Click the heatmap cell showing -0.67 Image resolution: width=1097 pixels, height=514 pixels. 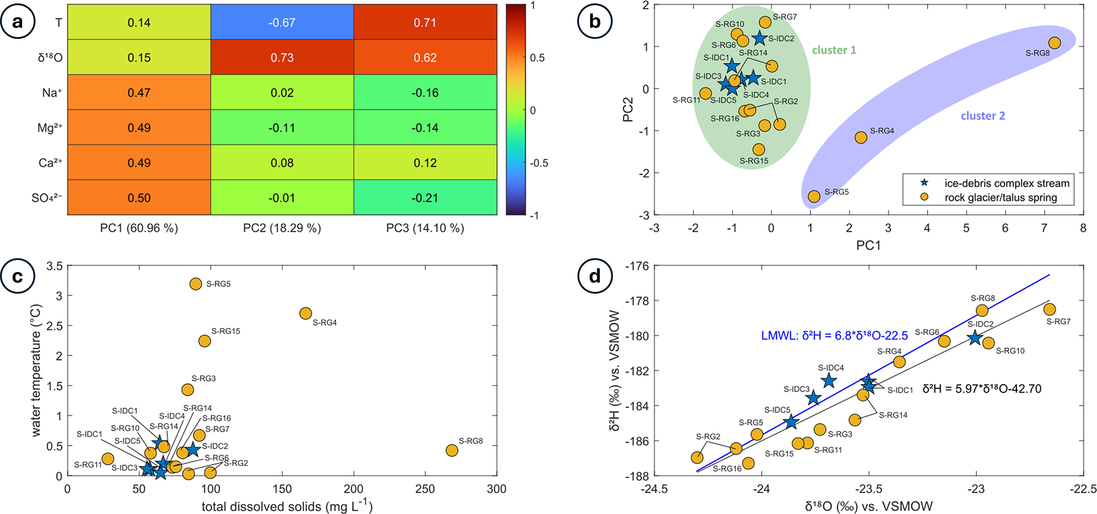pos(282,22)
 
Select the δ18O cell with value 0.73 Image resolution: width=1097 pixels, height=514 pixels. pos(282,57)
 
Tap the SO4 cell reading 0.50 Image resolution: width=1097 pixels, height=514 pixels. pos(139,198)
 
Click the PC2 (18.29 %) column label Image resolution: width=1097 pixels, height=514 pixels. pos(282,228)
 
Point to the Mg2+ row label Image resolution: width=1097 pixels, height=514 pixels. pos(50,128)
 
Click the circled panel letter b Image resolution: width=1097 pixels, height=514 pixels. pos(595,22)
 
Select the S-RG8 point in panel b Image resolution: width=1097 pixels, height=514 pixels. pos(1055,43)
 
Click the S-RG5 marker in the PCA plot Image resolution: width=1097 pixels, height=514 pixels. pos(814,197)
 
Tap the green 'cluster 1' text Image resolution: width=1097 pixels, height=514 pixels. pos(834,50)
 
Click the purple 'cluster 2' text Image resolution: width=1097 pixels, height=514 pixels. pos(983,116)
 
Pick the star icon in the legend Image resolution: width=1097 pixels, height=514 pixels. pos(924,183)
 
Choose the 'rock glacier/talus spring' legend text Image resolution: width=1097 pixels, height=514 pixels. pos(1000,198)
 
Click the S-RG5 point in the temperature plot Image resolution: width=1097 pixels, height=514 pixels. pos(196,284)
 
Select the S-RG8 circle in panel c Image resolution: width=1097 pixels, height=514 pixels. pos(452,450)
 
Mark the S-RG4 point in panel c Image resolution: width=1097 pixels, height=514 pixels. pos(306,313)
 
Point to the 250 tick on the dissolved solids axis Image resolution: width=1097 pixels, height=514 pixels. pos(425,489)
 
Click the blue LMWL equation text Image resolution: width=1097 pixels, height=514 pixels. pos(834,335)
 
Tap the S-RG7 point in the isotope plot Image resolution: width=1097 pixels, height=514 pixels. pos(1049,309)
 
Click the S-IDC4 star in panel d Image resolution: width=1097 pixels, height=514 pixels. pos(829,381)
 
